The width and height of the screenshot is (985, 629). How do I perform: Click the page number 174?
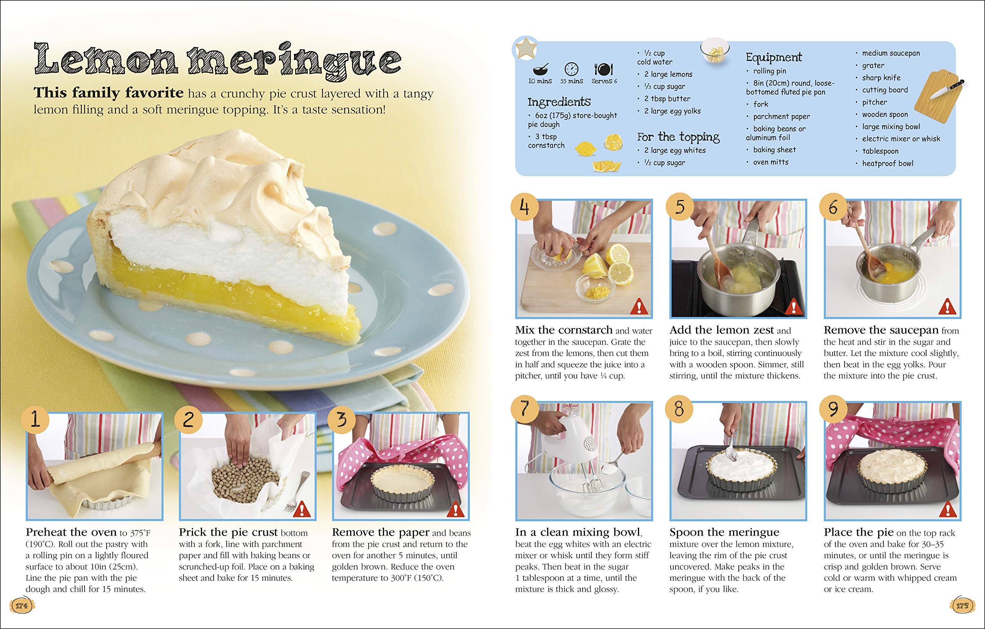21,606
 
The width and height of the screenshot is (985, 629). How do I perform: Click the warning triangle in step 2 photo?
302,509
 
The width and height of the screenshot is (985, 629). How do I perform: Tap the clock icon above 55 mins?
571,69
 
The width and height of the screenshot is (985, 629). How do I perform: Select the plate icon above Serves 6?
603,69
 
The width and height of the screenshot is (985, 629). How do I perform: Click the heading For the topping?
678,137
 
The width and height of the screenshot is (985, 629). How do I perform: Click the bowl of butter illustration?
715,50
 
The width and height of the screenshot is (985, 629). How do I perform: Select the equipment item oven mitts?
771,162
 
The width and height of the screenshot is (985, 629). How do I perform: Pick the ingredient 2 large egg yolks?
672,111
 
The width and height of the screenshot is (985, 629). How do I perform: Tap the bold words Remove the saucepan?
881,330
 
